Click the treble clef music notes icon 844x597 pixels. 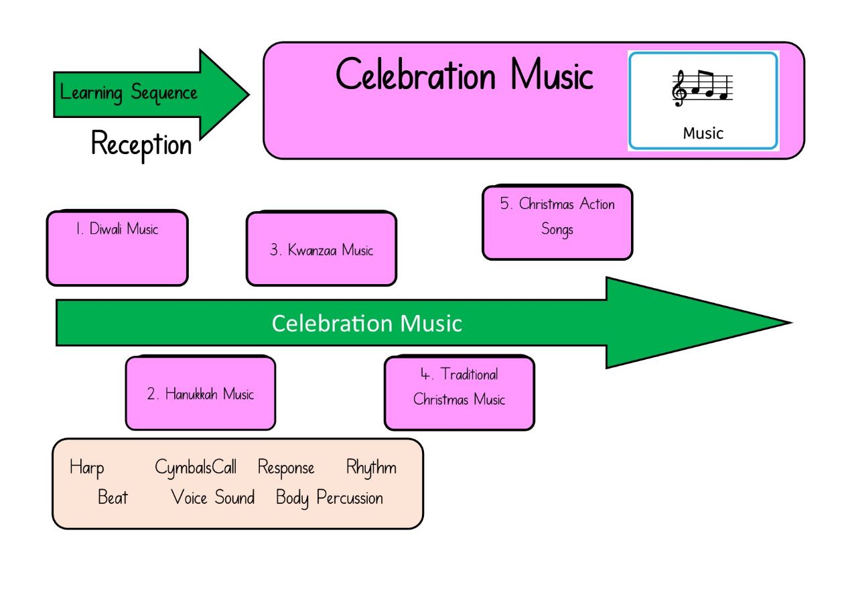click(x=702, y=88)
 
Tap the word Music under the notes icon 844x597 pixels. click(x=703, y=133)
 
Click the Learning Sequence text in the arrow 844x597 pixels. click(x=129, y=92)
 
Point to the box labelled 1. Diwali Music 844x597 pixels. click(x=117, y=248)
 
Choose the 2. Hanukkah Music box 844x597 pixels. click(x=200, y=393)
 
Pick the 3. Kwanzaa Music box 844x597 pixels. click(x=322, y=249)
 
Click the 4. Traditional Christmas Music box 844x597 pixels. click(x=460, y=393)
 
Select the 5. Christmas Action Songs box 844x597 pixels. click(x=557, y=222)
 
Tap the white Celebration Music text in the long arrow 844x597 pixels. click(x=366, y=324)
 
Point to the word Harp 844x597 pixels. click(x=86, y=468)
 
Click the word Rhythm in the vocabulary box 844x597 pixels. click(x=371, y=468)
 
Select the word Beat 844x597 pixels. click(x=113, y=496)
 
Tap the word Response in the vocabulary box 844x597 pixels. click(x=286, y=468)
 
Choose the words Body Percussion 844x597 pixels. click(x=330, y=498)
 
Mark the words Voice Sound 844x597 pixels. click(x=212, y=496)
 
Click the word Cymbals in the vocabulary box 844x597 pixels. click(x=183, y=468)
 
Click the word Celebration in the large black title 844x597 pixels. click(x=415, y=74)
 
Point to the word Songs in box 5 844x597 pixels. click(x=557, y=230)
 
